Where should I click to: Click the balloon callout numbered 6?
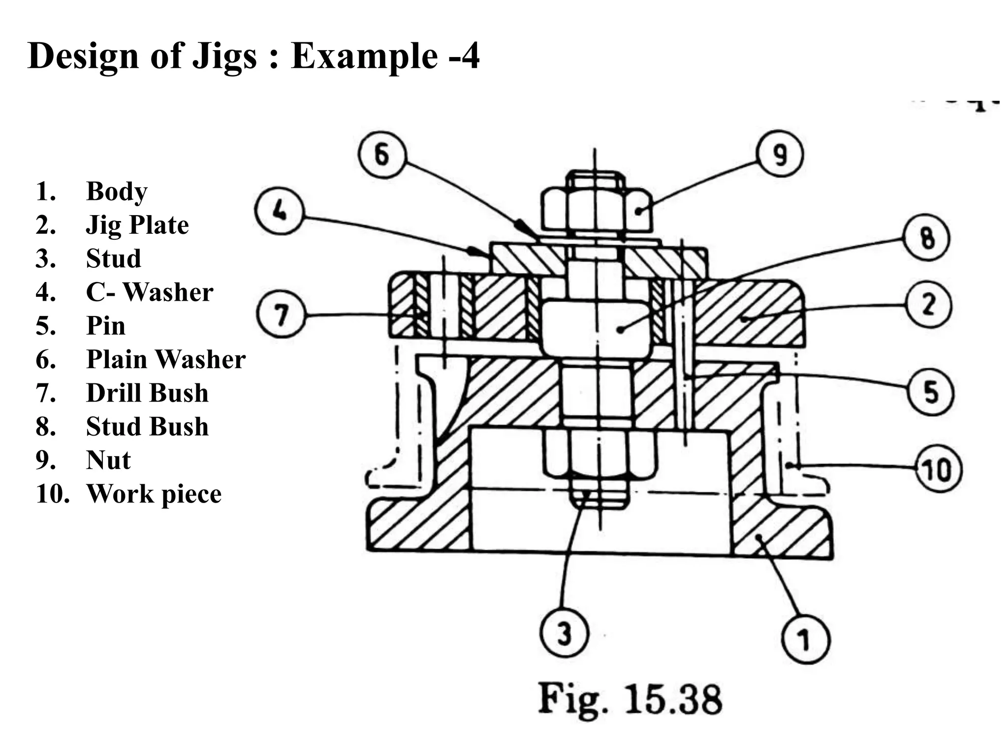click(x=382, y=155)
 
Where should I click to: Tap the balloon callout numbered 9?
click(x=780, y=155)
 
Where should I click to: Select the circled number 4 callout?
click(x=279, y=211)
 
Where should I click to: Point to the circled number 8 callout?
click(x=927, y=238)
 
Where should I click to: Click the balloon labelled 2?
click(x=928, y=305)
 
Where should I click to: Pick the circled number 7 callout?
click(x=281, y=314)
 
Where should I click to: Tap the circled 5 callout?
click(x=930, y=392)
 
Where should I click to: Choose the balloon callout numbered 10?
click(x=938, y=469)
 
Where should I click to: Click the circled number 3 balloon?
click(x=564, y=633)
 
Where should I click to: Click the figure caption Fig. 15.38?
click(x=630, y=699)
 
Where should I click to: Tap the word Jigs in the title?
click(x=224, y=56)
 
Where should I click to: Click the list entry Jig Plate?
click(x=137, y=225)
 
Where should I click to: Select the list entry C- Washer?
click(x=149, y=292)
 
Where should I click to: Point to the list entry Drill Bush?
click(x=147, y=393)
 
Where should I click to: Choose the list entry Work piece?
click(x=154, y=494)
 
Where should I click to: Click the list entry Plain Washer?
click(x=165, y=359)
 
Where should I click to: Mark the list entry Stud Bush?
click(x=147, y=427)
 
